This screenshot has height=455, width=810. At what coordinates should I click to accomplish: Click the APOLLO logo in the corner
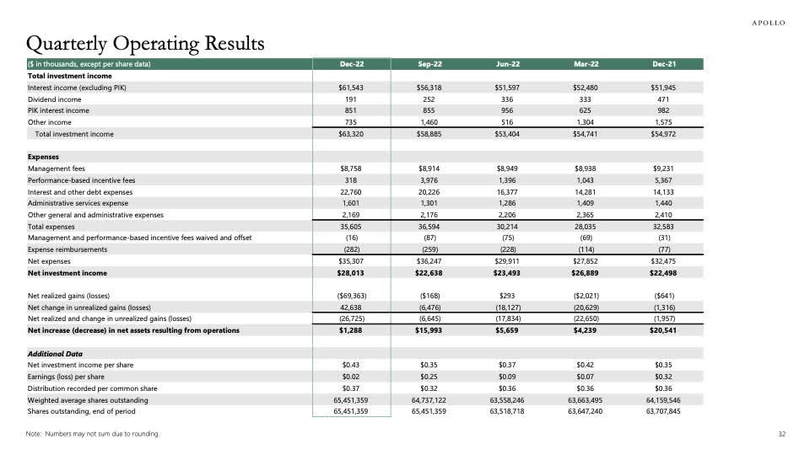pyautogui.click(x=768, y=23)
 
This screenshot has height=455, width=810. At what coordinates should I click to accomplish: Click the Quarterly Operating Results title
pyautogui.click(x=146, y=42)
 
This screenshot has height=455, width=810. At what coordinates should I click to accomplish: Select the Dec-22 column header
pyautogui.click(x=352, y=64)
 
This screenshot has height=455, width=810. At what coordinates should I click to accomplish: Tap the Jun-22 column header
pyautogui.click(x=508, y=64)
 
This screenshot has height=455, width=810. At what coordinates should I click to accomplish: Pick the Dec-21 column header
pyautogui.click(x=664, y=64)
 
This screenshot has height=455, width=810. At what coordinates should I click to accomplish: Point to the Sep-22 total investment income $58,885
pyautogui.click(x=430, y=134)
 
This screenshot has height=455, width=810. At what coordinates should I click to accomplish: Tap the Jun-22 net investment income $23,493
pyautogui.click(x=508, y=273)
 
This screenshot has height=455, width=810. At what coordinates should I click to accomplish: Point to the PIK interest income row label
pyautogui.click(x=58, y=110)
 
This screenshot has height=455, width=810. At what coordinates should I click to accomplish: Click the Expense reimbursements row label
pyautogui.click(x=67, y=249)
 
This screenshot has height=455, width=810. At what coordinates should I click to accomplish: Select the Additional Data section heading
pyautogui.click(x=55, y=354)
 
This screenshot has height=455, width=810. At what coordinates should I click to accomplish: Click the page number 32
pyautogui.click(x=781, y=434)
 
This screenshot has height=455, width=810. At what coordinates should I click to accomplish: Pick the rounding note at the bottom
pyautogui.click(x=93, y=434)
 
